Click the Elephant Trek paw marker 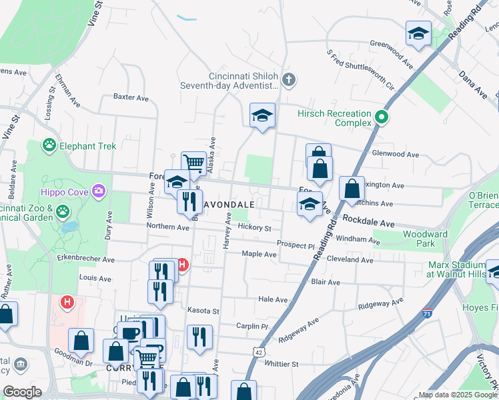pyautogui.click(x=49, y=144)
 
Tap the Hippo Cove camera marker pyautogui.click(x=99, y=192)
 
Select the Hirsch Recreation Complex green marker pyautogui.click(x=382, y=118)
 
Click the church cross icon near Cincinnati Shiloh pyautogui.click(x=288, y=81)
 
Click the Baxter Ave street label pyautogui.click(x=131, y=97)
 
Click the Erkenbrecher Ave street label pyautogui.click(x=86, y=259)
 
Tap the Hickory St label pyautogui.click(x=254, y=228)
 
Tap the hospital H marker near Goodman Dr pyautogui.click(x=67, y=302)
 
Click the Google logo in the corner pyautogui.click(x=23, y=392)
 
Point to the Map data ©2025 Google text pyautogui.click(x=457, y=395)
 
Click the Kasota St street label pyautogui.click(x=203, y=311)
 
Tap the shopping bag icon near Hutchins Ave pyautogui.click(x=351, y=189)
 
